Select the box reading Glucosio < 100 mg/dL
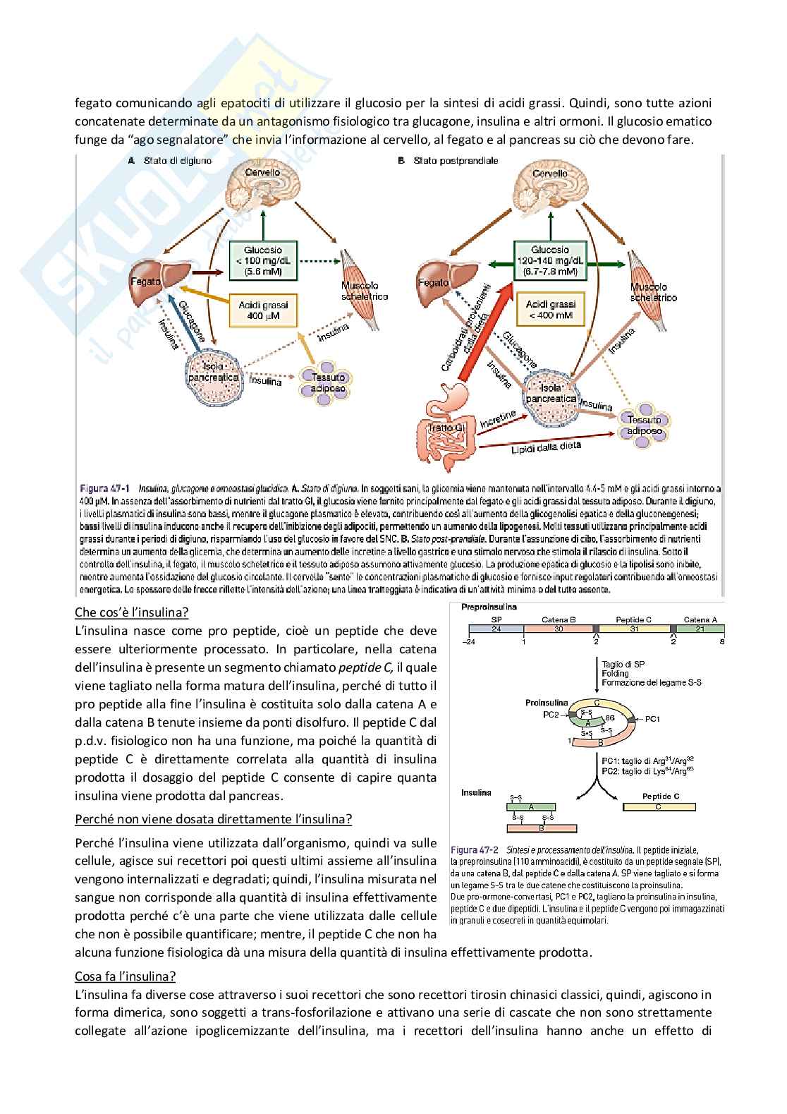(262, 260)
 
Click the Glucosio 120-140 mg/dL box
(549, 260)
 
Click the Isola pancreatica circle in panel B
(551, 393)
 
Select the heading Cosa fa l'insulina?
(126, 976)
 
